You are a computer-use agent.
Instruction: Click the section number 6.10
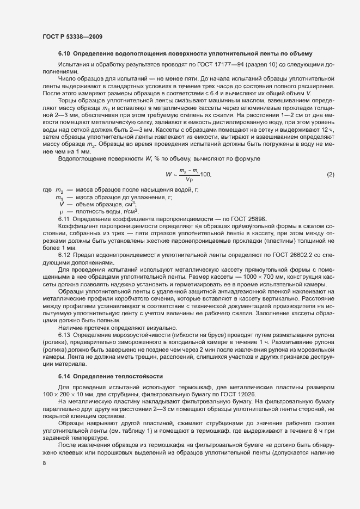coord(64,53)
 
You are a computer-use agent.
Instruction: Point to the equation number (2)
coord(330,174)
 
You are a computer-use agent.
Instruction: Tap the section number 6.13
coord(64,334)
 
